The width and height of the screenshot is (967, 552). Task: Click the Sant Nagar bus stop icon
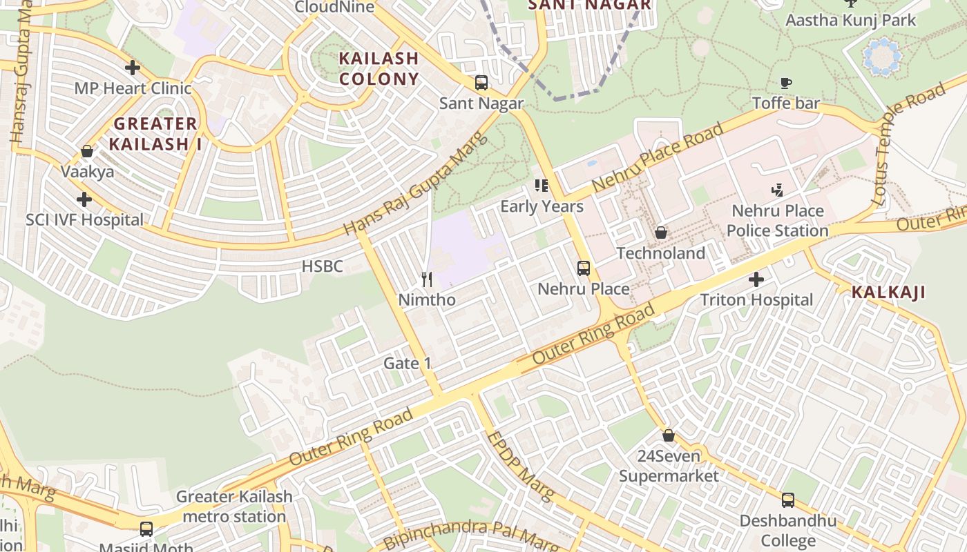click(x=481, y=83)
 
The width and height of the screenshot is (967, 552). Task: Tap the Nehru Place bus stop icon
click(x=584, y=268)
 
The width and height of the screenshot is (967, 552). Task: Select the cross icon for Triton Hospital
click(x=756, y=279)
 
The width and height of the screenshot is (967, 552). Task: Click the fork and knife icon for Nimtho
click(x=427, y=279)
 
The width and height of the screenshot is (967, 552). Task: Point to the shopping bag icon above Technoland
click(x=661, y=233)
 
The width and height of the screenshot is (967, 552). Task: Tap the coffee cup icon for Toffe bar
click(x=786, y=83)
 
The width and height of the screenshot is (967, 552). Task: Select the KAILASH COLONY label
click(x=379, y=68)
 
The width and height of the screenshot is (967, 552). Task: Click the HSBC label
click(x=322, y=266)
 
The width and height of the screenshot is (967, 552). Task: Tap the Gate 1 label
click(x=408, y=363)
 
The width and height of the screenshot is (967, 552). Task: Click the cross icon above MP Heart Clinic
click(x=132, y=68)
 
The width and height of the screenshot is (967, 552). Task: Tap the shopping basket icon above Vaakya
click(x=87, y=151)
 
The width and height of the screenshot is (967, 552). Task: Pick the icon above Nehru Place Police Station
click(x=778, y=190)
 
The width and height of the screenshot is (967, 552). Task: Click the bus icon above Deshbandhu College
click(x=788, y=500)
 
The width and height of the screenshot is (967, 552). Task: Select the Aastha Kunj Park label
click(x=850, y=19)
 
